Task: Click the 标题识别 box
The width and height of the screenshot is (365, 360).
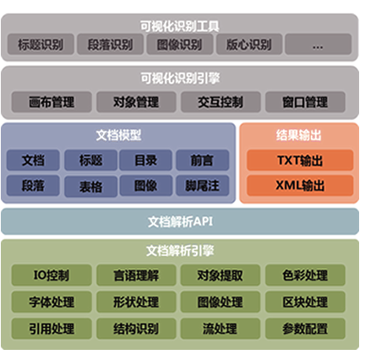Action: (41, 44)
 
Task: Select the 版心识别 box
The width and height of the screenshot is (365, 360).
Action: (249, 44)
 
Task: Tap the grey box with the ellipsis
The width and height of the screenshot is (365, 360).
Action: (319, 44)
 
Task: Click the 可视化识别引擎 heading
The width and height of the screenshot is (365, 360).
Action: (180, 78)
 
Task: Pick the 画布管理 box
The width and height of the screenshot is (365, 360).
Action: (52, 102)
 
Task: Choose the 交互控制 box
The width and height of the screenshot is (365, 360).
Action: (221, 102)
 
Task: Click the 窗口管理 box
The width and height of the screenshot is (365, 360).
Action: (305, 102)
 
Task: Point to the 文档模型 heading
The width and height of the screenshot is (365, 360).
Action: (118, 135)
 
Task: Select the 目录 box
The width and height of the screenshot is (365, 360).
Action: (145, 160)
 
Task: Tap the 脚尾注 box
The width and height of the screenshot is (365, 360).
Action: (202, 186)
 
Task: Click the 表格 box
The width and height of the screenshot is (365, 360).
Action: (90, 186)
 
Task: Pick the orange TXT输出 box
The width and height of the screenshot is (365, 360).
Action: (300, 161)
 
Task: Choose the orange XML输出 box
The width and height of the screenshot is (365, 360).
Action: (300, 185)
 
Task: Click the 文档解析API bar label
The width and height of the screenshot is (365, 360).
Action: (180, 221)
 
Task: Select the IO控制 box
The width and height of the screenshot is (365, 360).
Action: (52, 275)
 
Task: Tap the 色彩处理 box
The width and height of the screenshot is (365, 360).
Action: (305, 275)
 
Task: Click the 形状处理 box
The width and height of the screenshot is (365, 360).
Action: (136, 302)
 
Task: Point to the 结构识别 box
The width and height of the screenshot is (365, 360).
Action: (136, 329)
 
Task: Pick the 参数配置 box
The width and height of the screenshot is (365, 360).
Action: (305, 329)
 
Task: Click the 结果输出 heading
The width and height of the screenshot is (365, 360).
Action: (299, 135)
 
